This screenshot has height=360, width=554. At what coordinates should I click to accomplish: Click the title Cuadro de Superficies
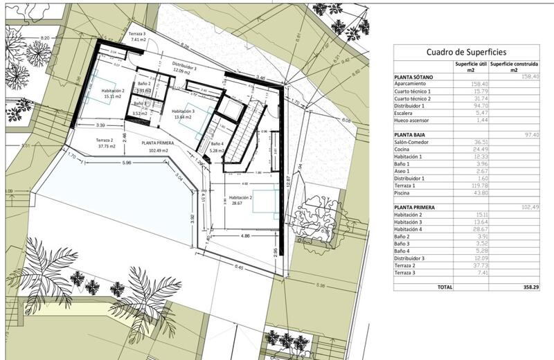[x=466, y=52]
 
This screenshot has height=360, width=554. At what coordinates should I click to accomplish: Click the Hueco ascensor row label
[x=415, y=120]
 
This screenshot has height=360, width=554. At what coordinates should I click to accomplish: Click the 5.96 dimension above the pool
[x=125, y=163]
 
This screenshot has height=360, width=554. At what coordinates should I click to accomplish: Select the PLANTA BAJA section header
[x=413, y=135]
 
